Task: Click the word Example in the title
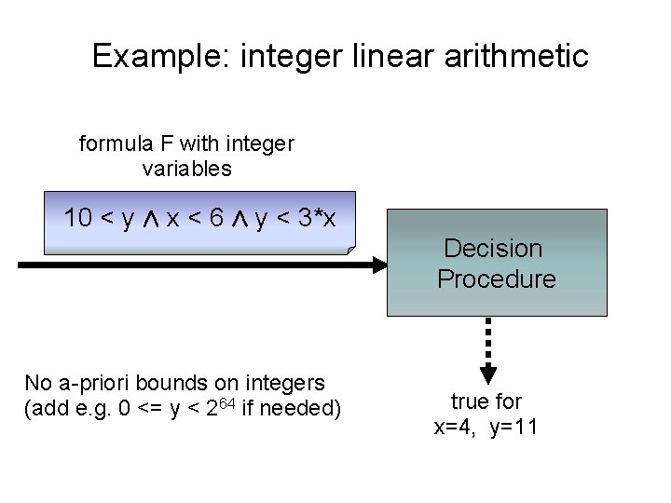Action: pos(161,57)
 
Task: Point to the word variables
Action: pos(186,169)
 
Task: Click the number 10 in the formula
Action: pos(78,219)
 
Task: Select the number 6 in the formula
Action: pos(215,219)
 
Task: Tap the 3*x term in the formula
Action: pos(318,219)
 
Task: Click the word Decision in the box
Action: pos(493,249)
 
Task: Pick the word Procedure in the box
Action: pos(495,279)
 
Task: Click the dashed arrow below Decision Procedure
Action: pos(487,349)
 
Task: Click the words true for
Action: pos(486,402)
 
